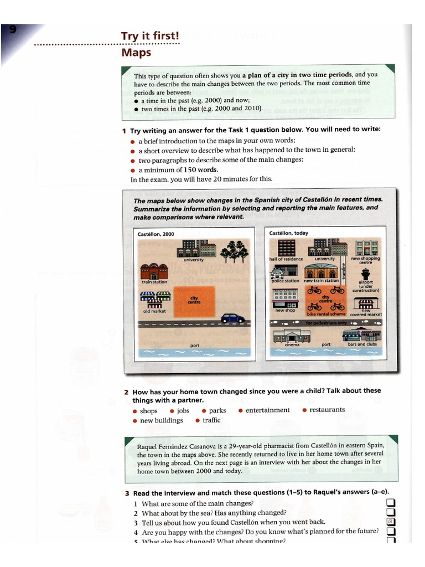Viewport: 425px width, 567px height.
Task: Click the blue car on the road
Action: [233, 318]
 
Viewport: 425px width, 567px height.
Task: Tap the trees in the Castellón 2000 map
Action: [234, 251]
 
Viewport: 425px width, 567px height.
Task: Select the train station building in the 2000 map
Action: [154, 272]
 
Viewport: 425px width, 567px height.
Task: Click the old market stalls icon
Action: [154, 300]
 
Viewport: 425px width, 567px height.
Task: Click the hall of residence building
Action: [286, 247]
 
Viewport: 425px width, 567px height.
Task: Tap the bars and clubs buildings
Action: [362, 335]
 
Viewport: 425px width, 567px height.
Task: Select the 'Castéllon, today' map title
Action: [289, 233]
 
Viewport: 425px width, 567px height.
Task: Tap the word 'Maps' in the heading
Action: [136, 53]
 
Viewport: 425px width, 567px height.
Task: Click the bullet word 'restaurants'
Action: [327, 410]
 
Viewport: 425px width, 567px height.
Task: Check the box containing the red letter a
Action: [390, 522]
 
